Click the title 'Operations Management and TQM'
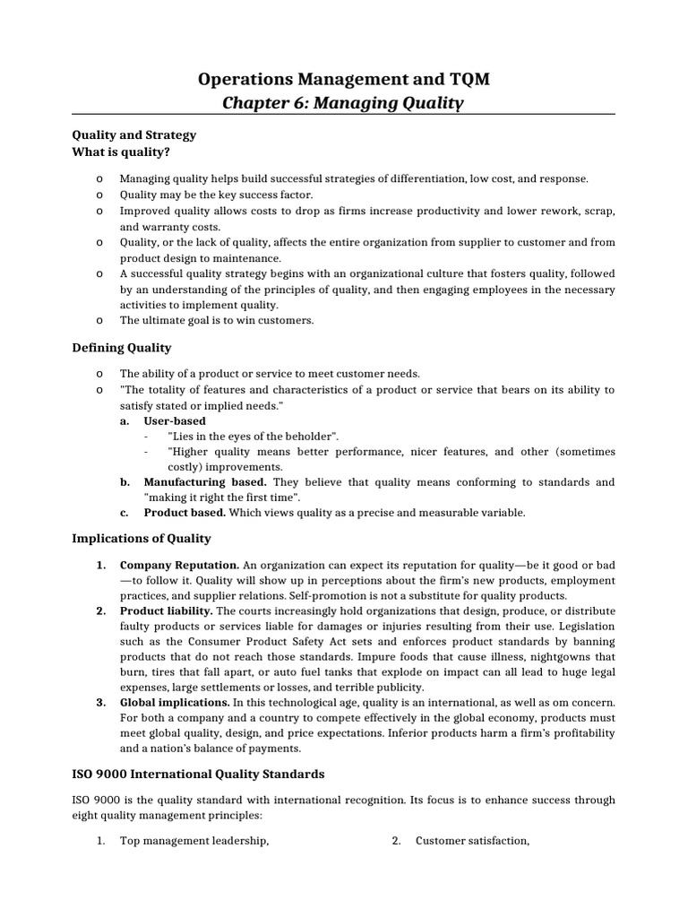tap(343, 81)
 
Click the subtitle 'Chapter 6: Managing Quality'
tap(343, 103)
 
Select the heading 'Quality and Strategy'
tap(133, 134)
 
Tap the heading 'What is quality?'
tap(121, 152)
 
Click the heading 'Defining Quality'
tap(121, 347)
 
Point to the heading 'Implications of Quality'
tap(142, 538)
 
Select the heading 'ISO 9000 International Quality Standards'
tap(198, 773)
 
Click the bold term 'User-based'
tap(175, 420)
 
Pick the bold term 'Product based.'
tap(185, 513)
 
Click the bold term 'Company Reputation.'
tap(179, 566)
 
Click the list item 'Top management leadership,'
tap(194, 840)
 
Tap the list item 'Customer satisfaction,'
tap(472, 840)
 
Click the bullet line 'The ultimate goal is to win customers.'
tap(217, 320)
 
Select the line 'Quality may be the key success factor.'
tap(216, 194)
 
